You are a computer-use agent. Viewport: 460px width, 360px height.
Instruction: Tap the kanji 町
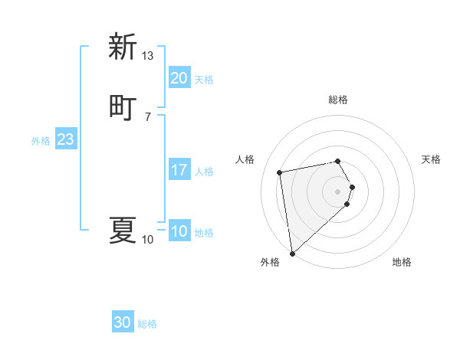coord(123,106)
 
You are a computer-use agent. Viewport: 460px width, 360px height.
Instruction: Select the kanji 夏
coord(123,230)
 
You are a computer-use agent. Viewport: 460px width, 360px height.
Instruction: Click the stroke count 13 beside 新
coord(147,55)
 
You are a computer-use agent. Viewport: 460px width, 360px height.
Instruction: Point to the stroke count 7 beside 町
coord(147,116)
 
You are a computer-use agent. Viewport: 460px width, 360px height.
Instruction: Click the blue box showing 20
coord(179,78)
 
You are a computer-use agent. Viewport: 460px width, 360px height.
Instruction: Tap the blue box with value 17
coord(179,170)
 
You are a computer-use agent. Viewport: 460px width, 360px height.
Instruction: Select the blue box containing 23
coord(65,139)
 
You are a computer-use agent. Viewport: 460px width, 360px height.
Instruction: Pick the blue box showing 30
coord(123,322)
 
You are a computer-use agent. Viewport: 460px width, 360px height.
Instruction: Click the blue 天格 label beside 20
coord(203,79)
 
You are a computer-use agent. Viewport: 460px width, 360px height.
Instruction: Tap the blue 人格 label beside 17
coord(205,171)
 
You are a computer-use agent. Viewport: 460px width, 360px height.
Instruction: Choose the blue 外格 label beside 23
coord(41,140)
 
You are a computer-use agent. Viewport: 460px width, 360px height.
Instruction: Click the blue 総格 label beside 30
coord(147,324)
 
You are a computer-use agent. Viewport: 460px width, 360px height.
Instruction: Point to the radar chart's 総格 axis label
coord(338,100)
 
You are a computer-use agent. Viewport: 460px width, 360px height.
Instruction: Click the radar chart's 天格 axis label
coord(431,159)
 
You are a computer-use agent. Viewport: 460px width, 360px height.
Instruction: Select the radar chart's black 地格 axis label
coord(402,262)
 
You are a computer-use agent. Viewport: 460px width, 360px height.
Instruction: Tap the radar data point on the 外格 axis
coord(291,253)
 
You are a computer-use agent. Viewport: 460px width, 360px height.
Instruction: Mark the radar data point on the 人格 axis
coord(279,172)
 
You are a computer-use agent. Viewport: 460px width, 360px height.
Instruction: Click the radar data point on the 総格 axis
coord(338,161)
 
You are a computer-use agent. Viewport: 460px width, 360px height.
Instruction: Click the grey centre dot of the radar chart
coord(338,191)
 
